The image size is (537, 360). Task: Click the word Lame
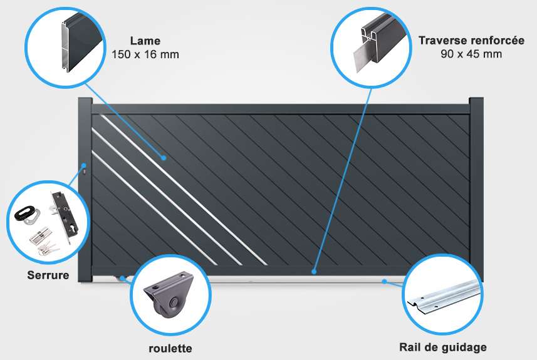click(145, 41)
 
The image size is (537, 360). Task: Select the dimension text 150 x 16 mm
click(145, 54)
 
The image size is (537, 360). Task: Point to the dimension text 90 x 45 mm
click(471, 54)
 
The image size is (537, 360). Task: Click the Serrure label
click(48, 275)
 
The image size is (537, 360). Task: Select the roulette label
click(170, 348)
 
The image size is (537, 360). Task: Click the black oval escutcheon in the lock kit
click(24, 212)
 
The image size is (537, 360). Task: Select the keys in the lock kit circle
click(48, 249)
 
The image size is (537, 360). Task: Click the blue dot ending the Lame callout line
click(164, 158)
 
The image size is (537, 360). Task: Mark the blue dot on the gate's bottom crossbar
click(314, 272)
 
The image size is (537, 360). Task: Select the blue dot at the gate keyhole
click(84, 166)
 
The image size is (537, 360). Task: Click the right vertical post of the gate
click(476, 189)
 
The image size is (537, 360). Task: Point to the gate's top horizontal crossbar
click(281, 109)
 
